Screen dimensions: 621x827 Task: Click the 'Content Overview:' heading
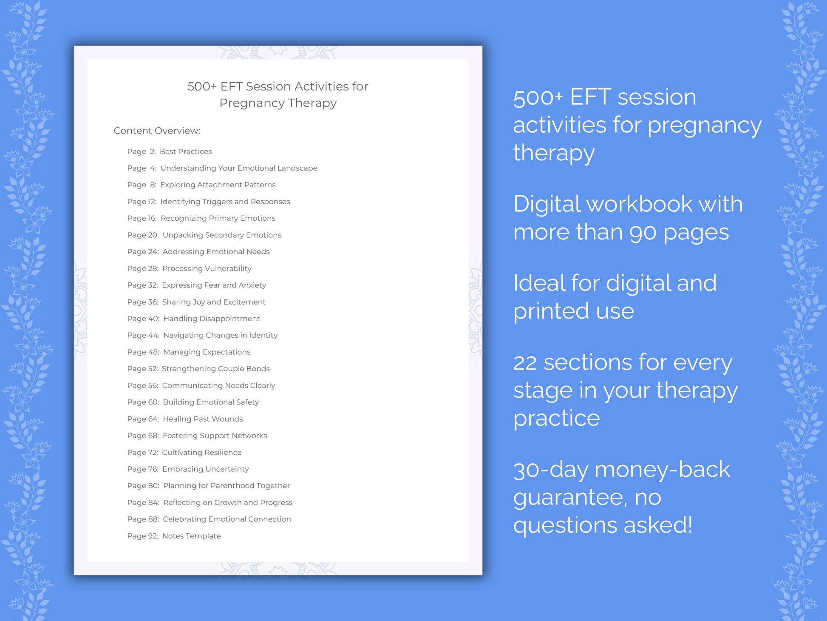(157, 131)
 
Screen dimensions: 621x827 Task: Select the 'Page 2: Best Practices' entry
(169, 151)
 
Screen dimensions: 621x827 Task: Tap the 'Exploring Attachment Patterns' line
(201, 185)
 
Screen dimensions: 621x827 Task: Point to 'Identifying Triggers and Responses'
(208, 202)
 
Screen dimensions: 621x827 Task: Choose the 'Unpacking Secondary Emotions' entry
(204, 235)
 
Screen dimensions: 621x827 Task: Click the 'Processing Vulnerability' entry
(189, 268)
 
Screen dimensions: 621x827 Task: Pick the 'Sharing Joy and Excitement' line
(196, 302)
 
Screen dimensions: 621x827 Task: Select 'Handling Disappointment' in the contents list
(193, 319)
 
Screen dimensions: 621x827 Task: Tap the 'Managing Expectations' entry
(189, 352)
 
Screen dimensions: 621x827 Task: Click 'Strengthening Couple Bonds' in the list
(198, 369)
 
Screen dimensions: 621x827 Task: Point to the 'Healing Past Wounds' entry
(185, 419)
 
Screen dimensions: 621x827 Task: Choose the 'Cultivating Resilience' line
(184, 453)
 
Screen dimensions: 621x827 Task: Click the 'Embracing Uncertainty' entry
(188, 469)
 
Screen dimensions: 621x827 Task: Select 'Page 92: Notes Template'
(174, 536)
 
